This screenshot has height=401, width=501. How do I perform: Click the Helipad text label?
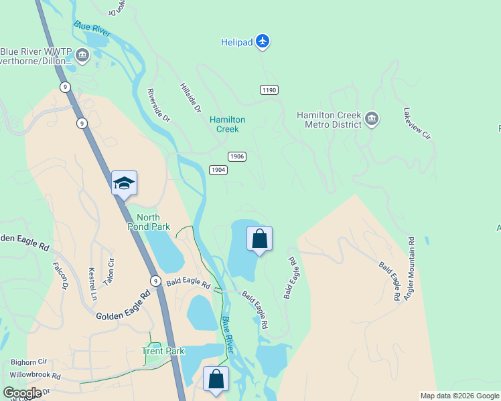[237, 43]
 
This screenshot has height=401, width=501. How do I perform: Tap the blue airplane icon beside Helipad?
[263, 42]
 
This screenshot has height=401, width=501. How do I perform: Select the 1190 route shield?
[269, 90]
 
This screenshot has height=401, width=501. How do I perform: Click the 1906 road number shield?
[237, 156]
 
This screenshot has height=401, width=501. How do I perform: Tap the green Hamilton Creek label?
[228, 124]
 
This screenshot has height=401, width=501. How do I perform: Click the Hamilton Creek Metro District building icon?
[372, 120]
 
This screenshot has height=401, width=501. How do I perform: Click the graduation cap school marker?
[124, 182]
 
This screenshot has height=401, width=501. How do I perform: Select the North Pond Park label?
[153, 223]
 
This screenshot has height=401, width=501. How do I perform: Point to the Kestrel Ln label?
[93, 284]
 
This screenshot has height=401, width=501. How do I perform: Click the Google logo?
[22, 393]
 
